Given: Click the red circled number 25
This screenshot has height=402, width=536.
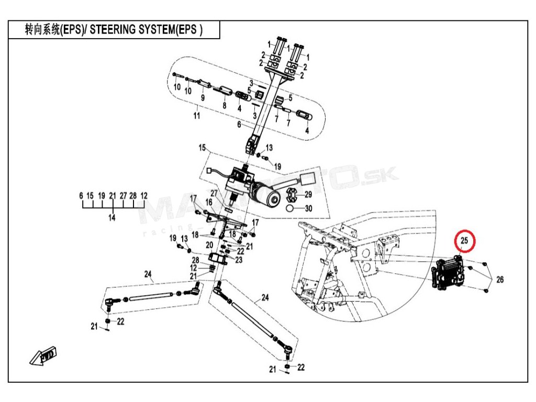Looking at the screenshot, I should click(x=464, y=241).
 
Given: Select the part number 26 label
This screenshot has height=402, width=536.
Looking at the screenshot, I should click(x=500, y=280).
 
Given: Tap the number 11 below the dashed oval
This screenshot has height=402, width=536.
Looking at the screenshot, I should click(x=197, y=116).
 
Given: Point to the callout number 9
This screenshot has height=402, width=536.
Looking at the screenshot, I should click(x=203, y=98).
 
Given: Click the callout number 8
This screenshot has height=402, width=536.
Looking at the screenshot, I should click(x=224, y=105).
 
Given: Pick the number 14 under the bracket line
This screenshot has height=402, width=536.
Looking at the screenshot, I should click(x=112, y=218).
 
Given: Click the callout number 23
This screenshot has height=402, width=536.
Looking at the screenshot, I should click(x=239, y=259).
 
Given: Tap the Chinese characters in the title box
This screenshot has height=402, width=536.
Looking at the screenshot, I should click(x=41, y=30).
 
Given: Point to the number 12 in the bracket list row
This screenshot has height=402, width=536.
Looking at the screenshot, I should click(x=143, y=195).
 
